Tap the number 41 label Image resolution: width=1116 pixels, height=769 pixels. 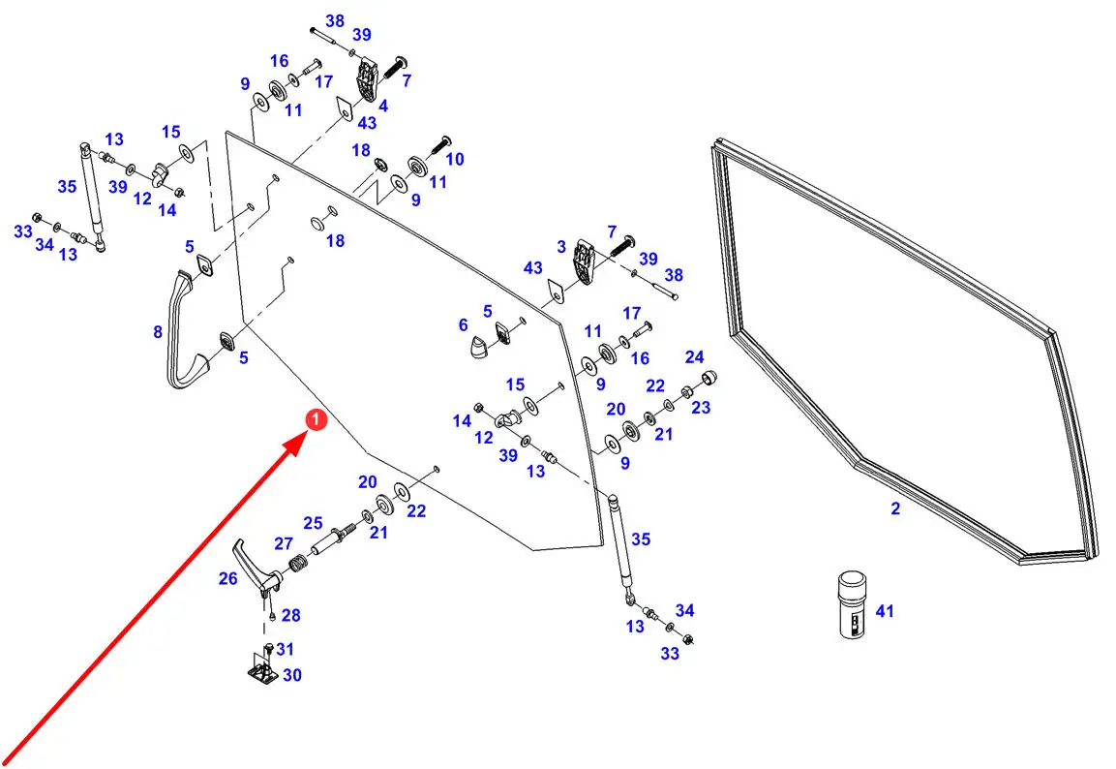click(885, 611)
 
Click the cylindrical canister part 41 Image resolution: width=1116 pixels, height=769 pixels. click(852, 604)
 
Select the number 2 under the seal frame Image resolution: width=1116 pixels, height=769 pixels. click(895, 508)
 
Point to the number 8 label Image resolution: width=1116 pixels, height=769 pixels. click(158, 332)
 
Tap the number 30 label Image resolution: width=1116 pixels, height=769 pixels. click(291, 675)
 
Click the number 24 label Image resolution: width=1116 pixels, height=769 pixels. click(694, 357)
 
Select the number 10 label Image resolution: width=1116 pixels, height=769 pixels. click(454, 158)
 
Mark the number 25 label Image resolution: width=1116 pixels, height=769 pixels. click(313, 523)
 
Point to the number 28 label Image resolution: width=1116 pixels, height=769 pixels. click(290, 615)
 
